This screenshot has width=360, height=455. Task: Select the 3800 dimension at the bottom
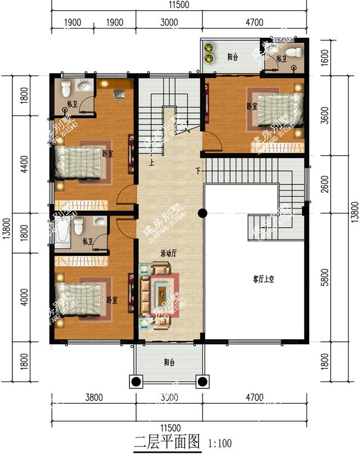(x=93, y=398)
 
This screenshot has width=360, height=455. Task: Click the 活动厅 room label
(x=168, y=254)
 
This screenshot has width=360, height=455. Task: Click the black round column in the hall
(x=202, y=213)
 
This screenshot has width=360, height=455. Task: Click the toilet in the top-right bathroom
(x=296, y=67)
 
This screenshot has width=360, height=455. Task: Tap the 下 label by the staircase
(x=198, y=170)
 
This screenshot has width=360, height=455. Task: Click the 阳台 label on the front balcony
(x=168, y=363)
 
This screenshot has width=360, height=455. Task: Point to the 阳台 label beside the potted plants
(x=232, y=57)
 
